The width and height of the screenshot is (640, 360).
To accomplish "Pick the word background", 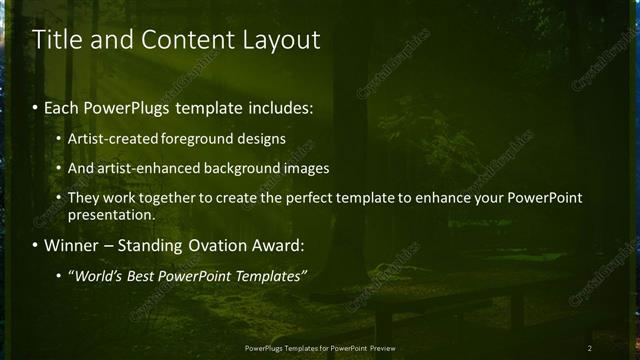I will pos(247,168).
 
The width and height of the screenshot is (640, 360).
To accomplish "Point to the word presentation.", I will pos(111,214).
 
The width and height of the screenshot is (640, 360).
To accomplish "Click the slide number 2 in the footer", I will pos(590,347).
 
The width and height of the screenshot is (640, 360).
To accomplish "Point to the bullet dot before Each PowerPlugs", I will pos(37,107).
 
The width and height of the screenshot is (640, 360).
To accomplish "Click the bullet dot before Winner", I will pos(37,245).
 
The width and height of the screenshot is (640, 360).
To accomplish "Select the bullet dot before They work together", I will pos(60,198).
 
